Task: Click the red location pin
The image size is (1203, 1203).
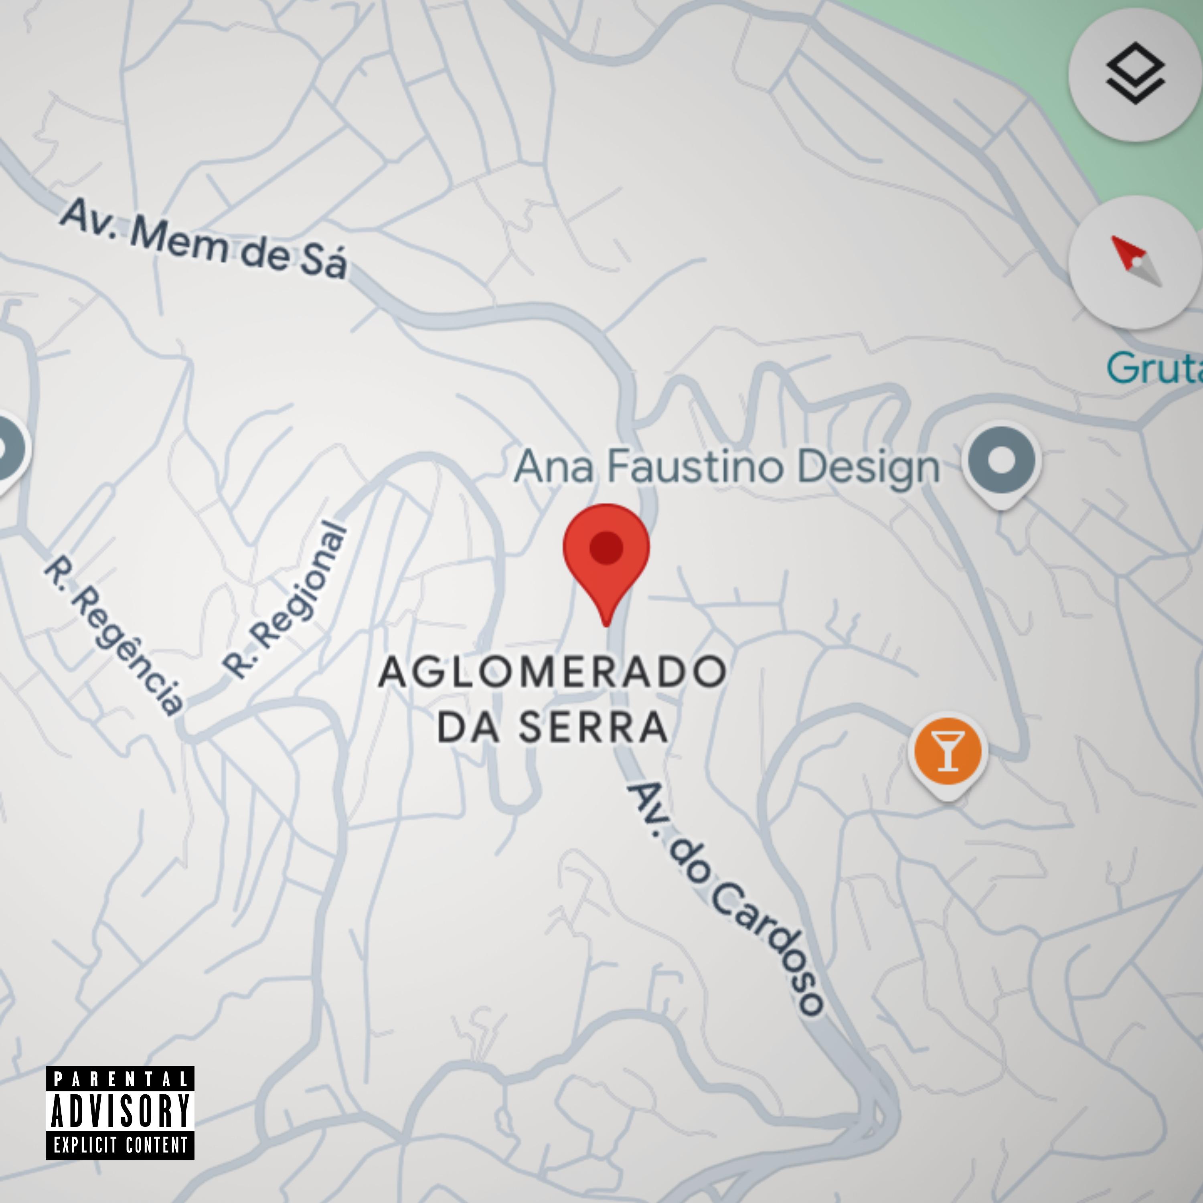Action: coord(606,554)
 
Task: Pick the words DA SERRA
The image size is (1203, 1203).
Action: coord(552,727)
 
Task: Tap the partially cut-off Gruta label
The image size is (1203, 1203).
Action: coord(1154,368)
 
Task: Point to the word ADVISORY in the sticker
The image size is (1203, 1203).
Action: coord(120,1110)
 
